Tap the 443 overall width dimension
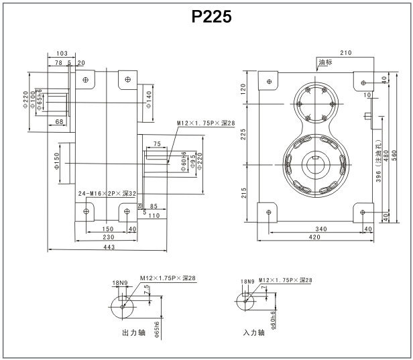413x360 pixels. click(109, 247)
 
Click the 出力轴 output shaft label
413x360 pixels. click(133, 333)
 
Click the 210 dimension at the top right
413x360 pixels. click(346, 52)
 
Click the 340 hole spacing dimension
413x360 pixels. click(321, 229)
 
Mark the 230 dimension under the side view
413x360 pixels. click(107, 237)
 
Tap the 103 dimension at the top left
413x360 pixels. click(62, 53)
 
